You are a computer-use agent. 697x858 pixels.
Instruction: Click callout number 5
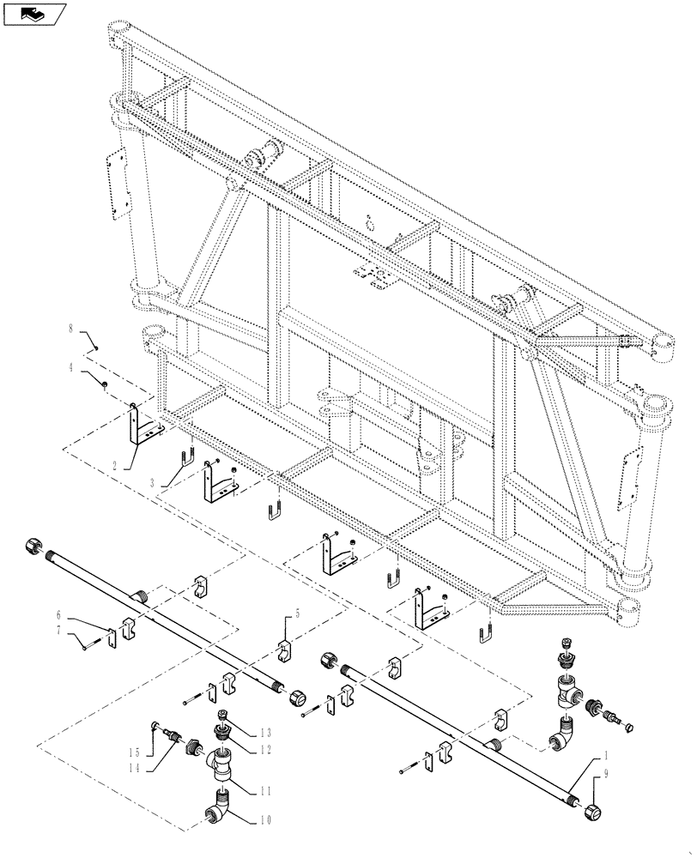pyautogui.click(x=299, y=614)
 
